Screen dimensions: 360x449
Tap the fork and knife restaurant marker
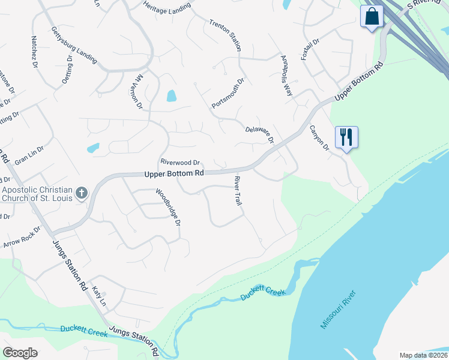click(x=346, y=137)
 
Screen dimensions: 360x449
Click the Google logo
click(x=20, y=352)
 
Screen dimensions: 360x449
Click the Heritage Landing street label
click(x=167, y=6)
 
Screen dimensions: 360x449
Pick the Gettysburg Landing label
click(x=74, y=45)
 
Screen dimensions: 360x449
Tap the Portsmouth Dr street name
click(x=229, y=93)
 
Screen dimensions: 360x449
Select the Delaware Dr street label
click(x=259, y=134)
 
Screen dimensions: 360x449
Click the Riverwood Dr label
click(x=180, y=162)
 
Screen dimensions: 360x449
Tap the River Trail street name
click(x=238, y=191)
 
